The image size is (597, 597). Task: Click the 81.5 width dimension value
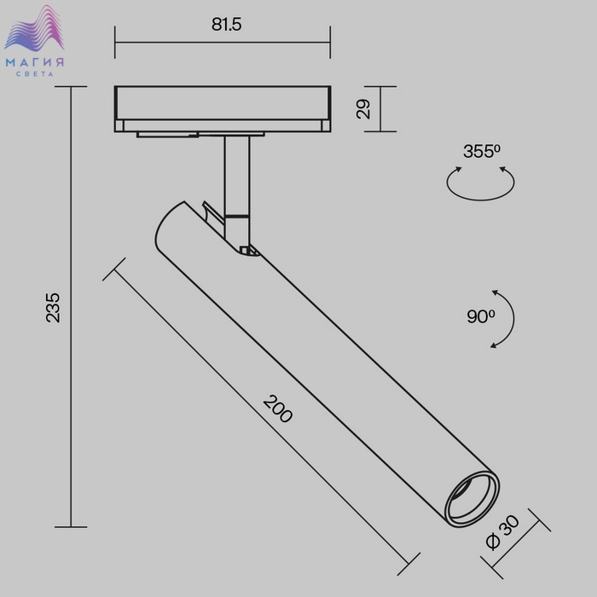(227, 25)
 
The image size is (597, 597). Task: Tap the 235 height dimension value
(53, 308)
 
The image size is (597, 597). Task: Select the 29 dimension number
(363, 109)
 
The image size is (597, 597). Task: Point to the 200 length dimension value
(278, 409)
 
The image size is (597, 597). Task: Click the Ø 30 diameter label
(503, 532)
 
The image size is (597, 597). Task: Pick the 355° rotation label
(482, 151)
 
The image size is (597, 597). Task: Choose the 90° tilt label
(481, 316)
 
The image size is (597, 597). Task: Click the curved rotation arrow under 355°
(480, 199)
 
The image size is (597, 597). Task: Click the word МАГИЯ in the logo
(35, 62)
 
